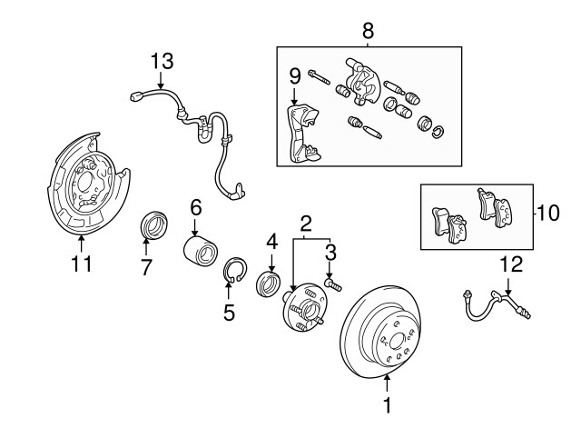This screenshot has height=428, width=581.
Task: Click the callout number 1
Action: (x=388, y=406)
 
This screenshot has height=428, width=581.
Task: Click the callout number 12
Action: (x=512, y=265)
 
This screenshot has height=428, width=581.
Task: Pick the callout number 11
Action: (x=82, y=264)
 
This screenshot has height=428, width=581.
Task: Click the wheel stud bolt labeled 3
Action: (x=332, y=284)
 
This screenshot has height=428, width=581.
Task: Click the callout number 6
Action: (x=196, y=207)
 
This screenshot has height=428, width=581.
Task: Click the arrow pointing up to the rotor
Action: (x=388, y=383)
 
